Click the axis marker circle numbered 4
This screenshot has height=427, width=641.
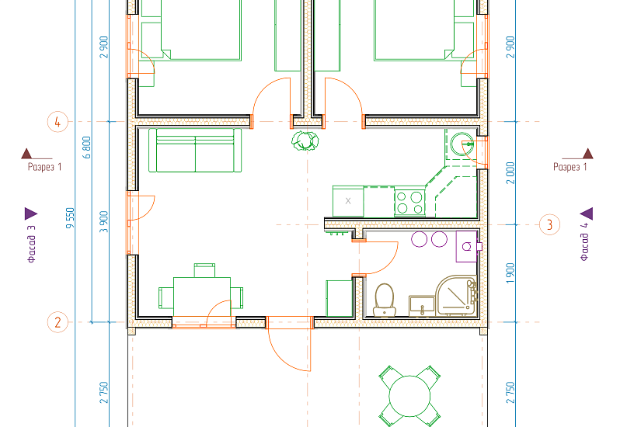click(57, 122)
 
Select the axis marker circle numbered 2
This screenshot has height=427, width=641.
click(57, 322)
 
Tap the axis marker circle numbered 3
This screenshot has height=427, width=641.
click(549, 224)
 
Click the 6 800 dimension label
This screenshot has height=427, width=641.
click(87, 148)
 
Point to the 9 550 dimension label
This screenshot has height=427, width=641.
click(70, 218)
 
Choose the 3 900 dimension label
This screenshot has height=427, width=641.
click(104, 222)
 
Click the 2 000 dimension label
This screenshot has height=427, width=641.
click(510, 173)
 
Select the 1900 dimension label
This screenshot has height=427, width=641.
click(510, 273)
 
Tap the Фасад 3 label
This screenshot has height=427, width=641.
click(32, 244)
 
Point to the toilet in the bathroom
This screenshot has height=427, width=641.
click(385, 300)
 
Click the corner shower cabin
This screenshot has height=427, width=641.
click(457, 296)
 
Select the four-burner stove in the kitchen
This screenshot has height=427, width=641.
click(409, 203)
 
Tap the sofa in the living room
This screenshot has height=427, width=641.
click(195, 151)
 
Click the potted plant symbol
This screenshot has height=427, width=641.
click(305, 141)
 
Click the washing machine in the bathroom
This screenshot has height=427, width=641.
click(467, 246)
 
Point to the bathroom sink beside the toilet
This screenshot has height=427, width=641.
click(422, 306)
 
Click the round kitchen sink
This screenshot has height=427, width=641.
click(462, 144)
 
